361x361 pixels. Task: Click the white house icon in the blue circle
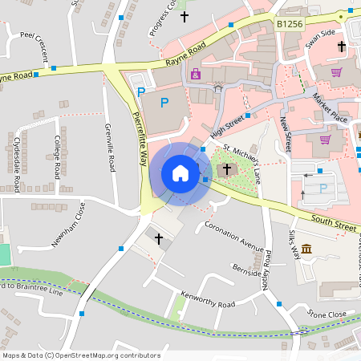click(x=180, y=173)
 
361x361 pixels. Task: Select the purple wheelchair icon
click(x=196, y=75)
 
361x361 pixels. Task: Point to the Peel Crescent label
click(x=40, y=47)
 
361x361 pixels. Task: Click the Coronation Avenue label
click(x=234, y=233)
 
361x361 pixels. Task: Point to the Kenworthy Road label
click(x=207, y=299)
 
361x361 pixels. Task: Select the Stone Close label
click(x=327, y=314)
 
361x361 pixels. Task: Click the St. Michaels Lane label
click(x=242, y=160)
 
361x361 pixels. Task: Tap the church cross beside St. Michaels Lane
click(x=227, y=169)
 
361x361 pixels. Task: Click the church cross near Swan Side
click(x=341, y=47)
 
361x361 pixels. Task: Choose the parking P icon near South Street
click(x=323, y=188)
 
